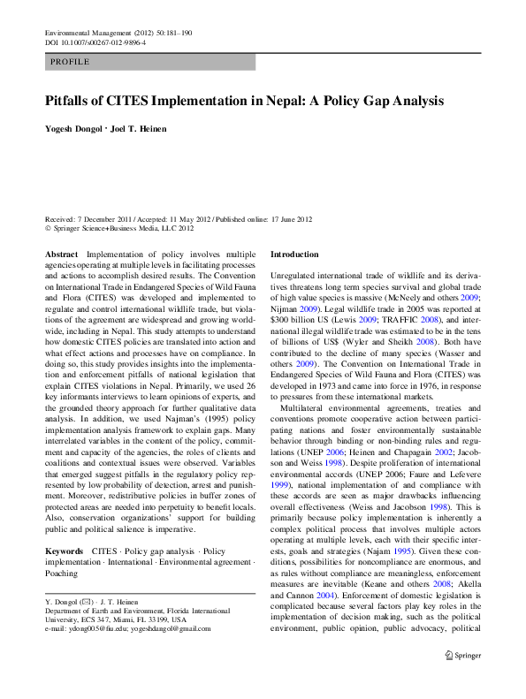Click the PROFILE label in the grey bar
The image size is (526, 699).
tap(70, 62)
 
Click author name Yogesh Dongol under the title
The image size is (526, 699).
tap(72, 130)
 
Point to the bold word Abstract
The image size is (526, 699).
tap(60, 254)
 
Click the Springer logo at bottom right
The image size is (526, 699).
tap(461, 679)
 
